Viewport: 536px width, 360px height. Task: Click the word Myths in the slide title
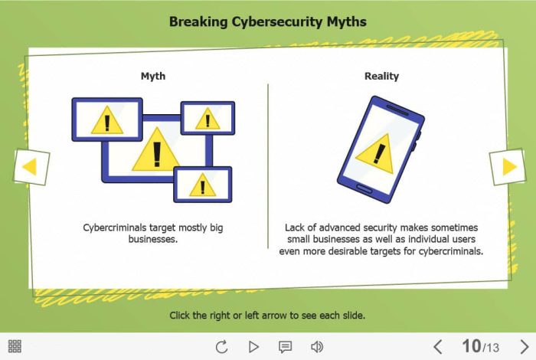coord(346,22)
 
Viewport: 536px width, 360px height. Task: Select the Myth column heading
coord(153,77)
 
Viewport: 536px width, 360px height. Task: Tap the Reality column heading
coord(381,77)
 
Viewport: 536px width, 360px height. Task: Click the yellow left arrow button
coord(31,167)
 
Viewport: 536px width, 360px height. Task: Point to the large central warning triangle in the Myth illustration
coord(156,149)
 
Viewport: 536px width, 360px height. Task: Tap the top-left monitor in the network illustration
coord(107,119)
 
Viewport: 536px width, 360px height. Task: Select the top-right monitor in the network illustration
coord(208,118)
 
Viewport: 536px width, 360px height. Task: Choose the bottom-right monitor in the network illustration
coord(203,185)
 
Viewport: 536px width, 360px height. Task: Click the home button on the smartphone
coord(364,188)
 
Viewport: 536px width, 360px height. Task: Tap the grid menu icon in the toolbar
coord(15,346)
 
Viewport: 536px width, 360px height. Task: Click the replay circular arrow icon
coord(222,347)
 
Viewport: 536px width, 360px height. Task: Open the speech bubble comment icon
coord(285,347)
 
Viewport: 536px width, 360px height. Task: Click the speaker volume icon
coord(317,347)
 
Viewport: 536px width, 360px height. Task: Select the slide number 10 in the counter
coord(472,346)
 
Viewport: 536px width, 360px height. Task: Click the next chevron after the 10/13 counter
coord(525,347)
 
